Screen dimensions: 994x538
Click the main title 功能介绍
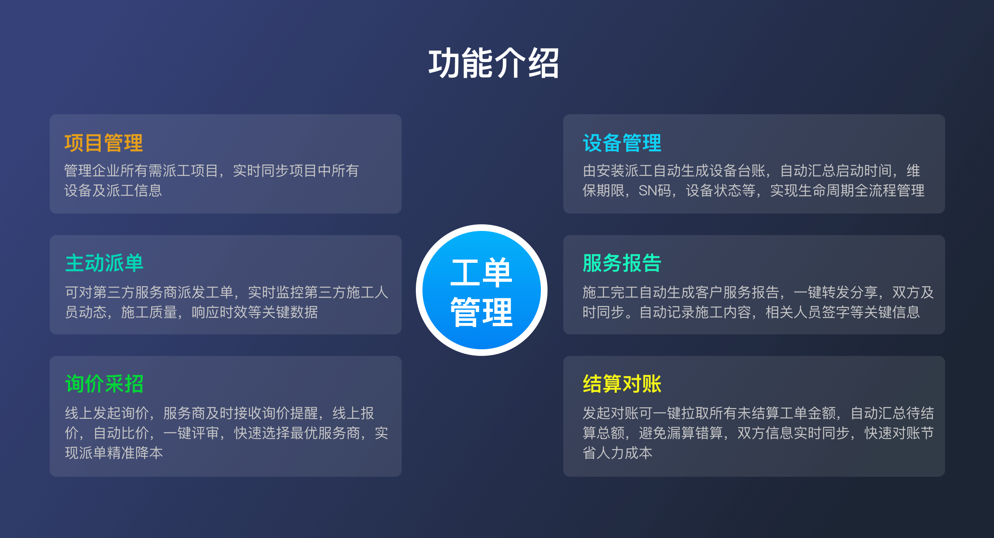tap(494, 63)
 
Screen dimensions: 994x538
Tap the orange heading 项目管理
tap(104, 143)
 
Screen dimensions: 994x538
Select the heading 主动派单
tap(104, 263)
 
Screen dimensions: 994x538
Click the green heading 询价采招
tap(104, 384)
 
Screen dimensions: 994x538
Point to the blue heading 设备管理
tap(622, 143)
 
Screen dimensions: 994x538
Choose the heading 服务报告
tap(622, 263)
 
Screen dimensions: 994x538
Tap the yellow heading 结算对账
tap(622, 384)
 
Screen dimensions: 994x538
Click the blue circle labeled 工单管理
tap(482, 290)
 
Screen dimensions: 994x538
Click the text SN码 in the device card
tap(655, 191)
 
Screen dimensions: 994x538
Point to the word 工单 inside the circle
tap(482, 272)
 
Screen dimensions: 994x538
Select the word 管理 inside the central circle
tap(482, 312)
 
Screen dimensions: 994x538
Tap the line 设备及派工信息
tap(113, 191)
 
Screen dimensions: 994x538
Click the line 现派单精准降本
tap(114, 453)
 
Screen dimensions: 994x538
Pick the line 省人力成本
tap(618, 453)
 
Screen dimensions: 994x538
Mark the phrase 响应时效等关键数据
tap(255, 312)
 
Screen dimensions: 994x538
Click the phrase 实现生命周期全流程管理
tap(847, 191)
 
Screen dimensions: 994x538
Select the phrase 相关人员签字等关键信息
tap(843, 312)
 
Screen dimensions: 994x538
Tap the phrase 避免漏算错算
tap(681, 433)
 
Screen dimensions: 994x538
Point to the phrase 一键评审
tap(191, 433)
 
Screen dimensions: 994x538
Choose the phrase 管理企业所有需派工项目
tap(141, 171)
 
